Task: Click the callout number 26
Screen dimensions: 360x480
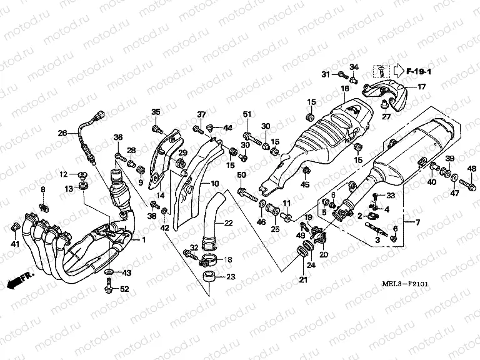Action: [62, 132]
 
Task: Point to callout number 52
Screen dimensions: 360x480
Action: [124, 289]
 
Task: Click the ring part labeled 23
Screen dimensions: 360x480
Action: [211, 276]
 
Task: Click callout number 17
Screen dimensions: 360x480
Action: [421, 87]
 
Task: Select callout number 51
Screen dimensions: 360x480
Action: [246, 114]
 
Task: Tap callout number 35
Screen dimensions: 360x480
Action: [156, 112]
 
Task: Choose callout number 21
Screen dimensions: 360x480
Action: [303, 279]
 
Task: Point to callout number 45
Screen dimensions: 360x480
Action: [305, 184]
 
